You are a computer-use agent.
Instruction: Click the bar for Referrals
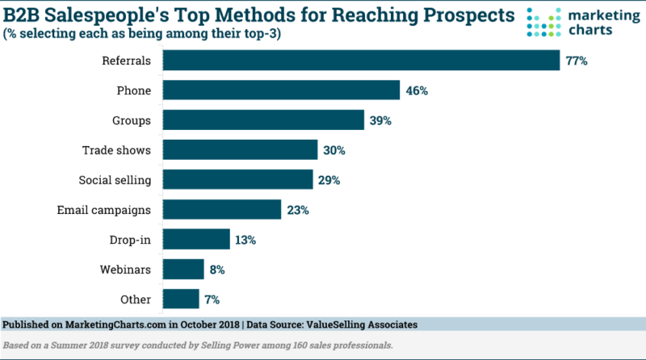[362, 61]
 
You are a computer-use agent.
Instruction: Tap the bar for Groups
[263, 120]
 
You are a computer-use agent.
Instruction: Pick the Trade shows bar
[241, 150]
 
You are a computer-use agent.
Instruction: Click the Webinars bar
[183, 269]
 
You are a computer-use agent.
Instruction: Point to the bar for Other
[181, 299]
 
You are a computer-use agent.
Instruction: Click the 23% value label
[298, 210]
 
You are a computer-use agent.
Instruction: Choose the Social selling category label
[115, 180]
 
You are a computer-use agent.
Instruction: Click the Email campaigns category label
[104, 210]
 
